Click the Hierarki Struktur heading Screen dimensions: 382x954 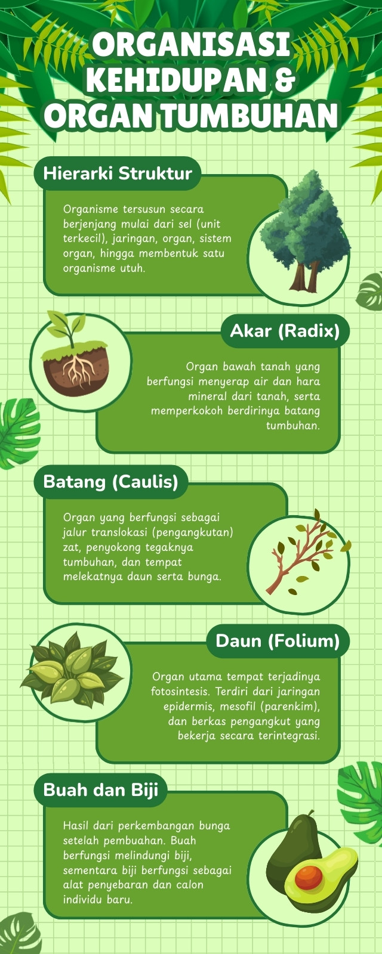pos(118,174)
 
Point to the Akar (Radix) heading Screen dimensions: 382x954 pos(285,330)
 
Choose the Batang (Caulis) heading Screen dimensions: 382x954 pos(111,482)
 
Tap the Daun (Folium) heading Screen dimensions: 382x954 pos(278,640)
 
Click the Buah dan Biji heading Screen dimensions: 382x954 pos(101,789)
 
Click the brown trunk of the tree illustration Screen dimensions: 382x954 pos(305,277)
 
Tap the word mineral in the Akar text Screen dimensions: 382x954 pos(208,397)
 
